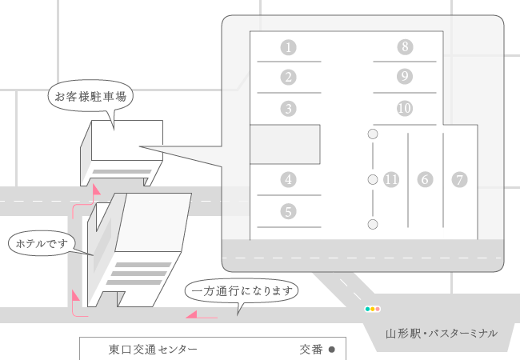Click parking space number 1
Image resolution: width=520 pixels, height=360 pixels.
pyautogui.click(x=288, y=47)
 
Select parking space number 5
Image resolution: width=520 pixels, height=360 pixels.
pyautogui.click(x=288, y=211)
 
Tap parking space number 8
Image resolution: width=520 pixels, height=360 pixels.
pyautogui.click(x=405, y=46)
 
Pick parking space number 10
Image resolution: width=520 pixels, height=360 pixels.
pyautogui.click(x=405, y=108)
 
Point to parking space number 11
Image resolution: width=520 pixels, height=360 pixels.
pyautogui.click(x=391, y=180)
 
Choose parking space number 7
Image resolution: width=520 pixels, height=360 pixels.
pyautogui.click(x=459, y=180)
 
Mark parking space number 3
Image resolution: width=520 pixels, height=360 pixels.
pyautogui.click(x=288, y=109)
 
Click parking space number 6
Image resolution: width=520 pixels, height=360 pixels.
pyautogui.click(x=425, y=180)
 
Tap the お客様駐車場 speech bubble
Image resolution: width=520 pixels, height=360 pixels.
pyautogui.click(x=90, y=97)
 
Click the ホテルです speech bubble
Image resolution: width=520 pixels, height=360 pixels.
pyautogui.click(x=42, y=243)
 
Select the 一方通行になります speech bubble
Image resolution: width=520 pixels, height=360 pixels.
pyautogui.click(x=242, y=290)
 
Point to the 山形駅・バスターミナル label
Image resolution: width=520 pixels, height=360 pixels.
pyautogui.click(x=442, y=333)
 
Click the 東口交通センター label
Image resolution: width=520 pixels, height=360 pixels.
pyautogui.click(x=153, y=350)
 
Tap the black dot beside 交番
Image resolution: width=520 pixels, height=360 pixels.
pyautogui.click(x=332, y=350)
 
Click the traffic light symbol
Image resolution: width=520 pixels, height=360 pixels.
pyautogui.click(x=373, y=309)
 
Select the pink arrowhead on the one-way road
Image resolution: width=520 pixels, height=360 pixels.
pyautogui.click(x=192, y=314)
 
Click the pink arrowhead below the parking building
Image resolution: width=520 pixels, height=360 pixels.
pyautogui.click(x=96, y=190)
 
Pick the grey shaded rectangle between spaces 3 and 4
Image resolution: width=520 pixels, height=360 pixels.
pyautogui.click(x=285, y=145)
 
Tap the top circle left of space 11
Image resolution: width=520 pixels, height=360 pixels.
pyautogui.click(x=373, y=134)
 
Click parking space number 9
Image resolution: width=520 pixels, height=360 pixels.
pyautogui.click(x=405, y=77)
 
